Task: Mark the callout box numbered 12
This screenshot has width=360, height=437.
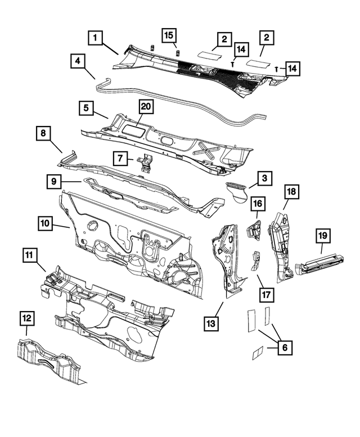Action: pyautogui.click(x=26, y=319)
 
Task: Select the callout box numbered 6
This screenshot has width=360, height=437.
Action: pyautogui.click(x=285, y=348)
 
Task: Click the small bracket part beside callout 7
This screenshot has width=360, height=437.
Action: pyautogui.click(x=146, y=163)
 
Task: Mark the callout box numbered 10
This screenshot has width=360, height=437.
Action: pyautogui.click(x=47, y=224)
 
